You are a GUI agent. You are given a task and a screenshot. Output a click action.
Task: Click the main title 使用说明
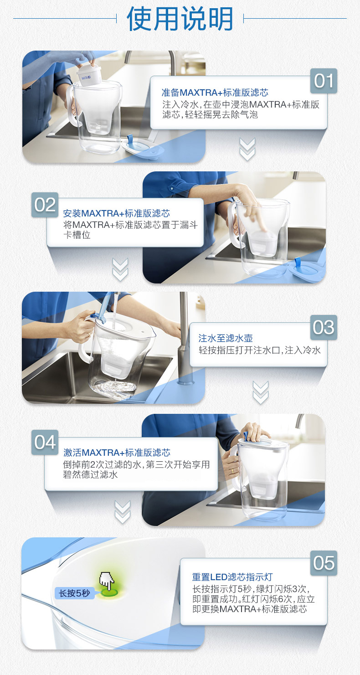[x=180, y=19]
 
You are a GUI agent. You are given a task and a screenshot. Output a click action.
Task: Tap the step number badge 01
[x=324, y=81]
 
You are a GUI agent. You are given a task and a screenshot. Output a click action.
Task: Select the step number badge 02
[x=45, y=205]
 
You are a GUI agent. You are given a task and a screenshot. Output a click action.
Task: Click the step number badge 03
[x=324, y=328]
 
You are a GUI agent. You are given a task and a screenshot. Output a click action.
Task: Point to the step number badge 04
[x=45, y=443]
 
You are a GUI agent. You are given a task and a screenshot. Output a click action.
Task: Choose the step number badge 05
[x=324, y=563]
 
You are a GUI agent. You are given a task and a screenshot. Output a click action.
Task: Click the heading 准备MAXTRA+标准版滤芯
[x=215, y=92]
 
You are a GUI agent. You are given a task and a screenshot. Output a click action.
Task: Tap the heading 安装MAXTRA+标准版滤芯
[x=116, y=213]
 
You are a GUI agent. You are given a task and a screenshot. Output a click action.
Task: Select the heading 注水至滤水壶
[x=225, y=338]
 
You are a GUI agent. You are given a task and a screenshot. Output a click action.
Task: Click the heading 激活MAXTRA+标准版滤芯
[x=117, y=452]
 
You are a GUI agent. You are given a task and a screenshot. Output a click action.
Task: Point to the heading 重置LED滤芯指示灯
[x=232, y=577]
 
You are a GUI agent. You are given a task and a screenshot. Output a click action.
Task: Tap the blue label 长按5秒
[x=74, y=593]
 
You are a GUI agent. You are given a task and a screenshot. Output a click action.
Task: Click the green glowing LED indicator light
[x=110, y=592]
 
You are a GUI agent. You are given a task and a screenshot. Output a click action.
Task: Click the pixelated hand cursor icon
[x=107, y=581]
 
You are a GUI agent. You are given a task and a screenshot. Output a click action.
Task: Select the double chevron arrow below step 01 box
[x=247, y=149]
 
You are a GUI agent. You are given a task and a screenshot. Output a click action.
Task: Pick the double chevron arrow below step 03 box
[x=261, y=392]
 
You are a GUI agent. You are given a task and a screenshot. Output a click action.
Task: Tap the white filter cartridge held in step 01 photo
[x=89, y=74]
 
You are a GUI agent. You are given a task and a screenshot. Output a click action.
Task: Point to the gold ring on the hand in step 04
[x=232, y=470]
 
